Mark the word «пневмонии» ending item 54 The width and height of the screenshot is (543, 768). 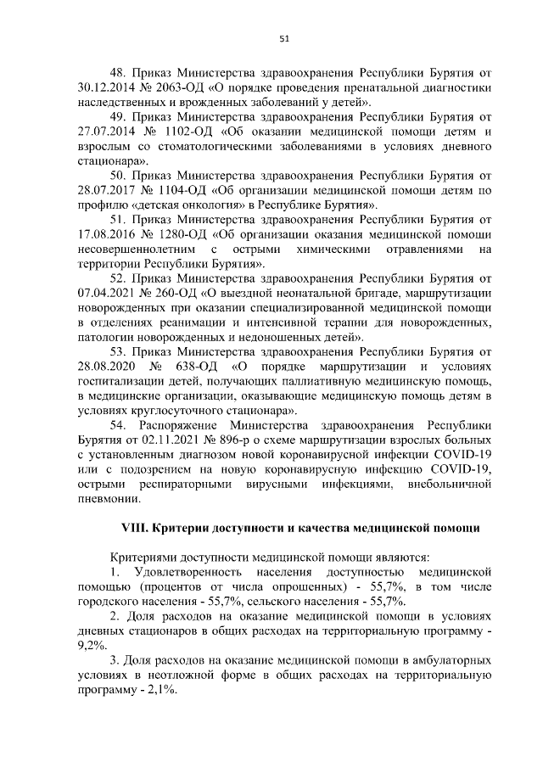[109, 498]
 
